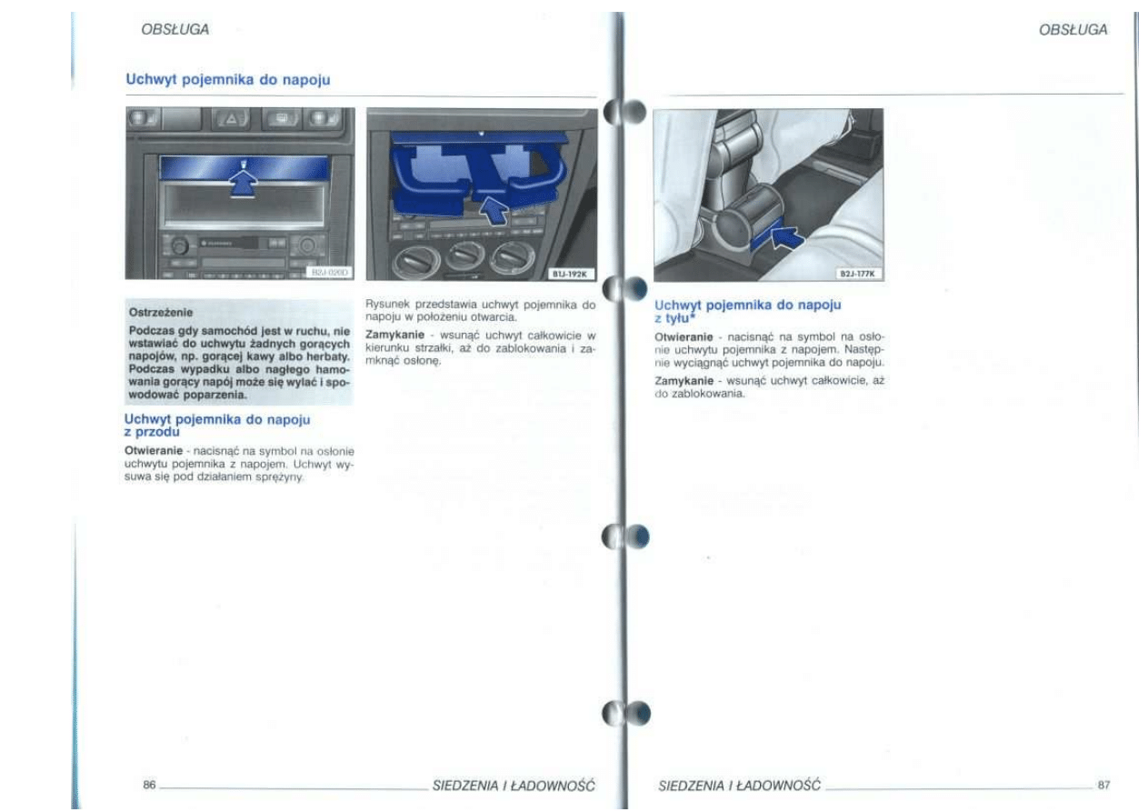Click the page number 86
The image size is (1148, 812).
tap(149, 785)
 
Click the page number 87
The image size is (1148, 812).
tap(1103, 785)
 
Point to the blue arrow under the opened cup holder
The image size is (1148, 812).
tap(494, 210)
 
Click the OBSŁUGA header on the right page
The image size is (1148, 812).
tap(1073, 29)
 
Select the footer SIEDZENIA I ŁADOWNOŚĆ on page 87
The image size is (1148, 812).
tap(739, 785)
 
